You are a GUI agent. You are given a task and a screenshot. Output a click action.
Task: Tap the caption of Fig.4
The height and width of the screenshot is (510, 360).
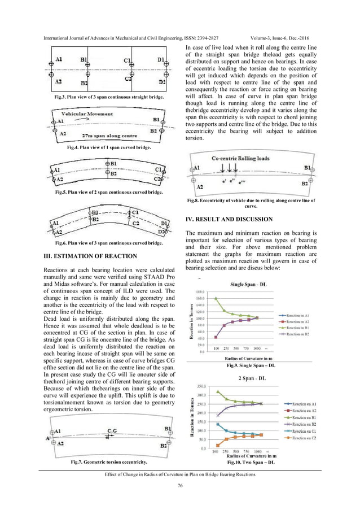click(x=108, y=147)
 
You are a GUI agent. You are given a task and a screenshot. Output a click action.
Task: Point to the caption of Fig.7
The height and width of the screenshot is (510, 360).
click(x=109, y=462)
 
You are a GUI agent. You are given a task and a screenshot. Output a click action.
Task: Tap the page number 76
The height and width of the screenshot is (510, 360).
click(x=180, y=486)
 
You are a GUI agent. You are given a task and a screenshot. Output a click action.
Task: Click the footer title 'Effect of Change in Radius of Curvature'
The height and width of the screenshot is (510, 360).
click(x=180, y=474)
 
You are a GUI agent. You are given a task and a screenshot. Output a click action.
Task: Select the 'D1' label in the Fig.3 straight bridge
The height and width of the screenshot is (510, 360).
click(x=161, y=60)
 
